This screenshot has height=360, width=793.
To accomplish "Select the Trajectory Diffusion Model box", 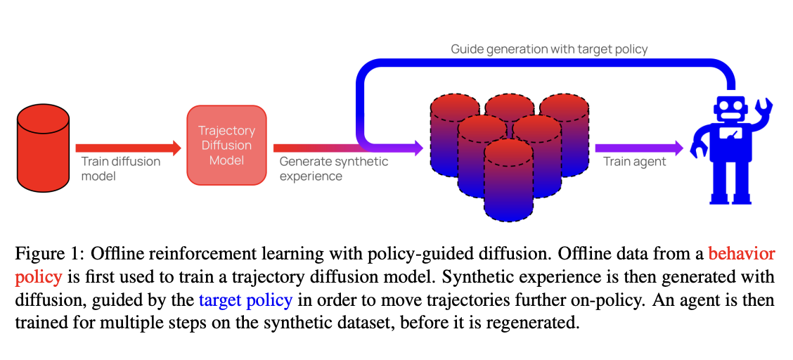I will coord(226,146).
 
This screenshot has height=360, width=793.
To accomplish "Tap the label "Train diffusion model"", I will coord(120,169).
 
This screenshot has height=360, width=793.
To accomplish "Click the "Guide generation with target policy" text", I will coord(548,49).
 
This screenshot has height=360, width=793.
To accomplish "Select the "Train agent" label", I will coord(635,162).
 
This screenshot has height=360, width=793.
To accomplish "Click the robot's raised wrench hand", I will coord(763,109).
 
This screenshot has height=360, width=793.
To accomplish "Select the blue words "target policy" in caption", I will coord(245,300).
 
